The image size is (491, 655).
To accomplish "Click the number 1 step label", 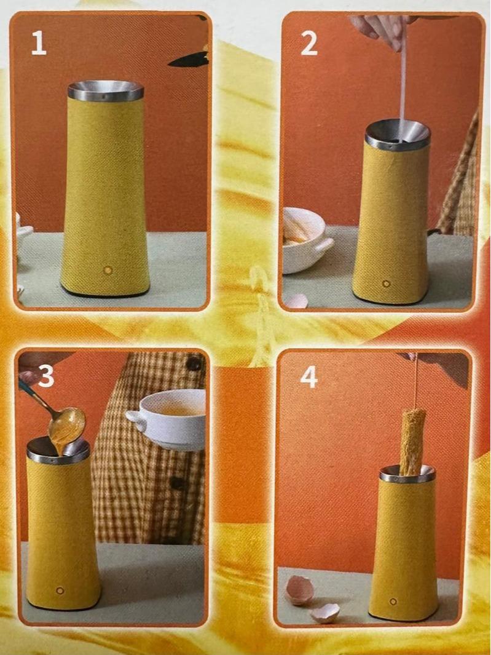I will pos(39,44).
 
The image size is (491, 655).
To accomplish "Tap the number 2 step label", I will pos(309,44).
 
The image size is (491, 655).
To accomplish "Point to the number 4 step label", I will pos(308,377).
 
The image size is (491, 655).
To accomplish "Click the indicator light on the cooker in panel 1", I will pos(108,269).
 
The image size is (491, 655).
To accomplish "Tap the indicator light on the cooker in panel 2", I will pos(386,284).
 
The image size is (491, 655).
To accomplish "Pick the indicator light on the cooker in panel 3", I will pos(60,590).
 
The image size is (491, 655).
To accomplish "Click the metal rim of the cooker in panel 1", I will pos(106,92).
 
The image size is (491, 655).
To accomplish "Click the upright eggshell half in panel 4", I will pos(300,591).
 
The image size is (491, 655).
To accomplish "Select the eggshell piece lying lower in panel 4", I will pos(324,613).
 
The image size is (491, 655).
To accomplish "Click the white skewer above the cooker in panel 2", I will pos(403,80).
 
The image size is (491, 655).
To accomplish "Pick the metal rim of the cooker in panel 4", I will pos(407,474).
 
